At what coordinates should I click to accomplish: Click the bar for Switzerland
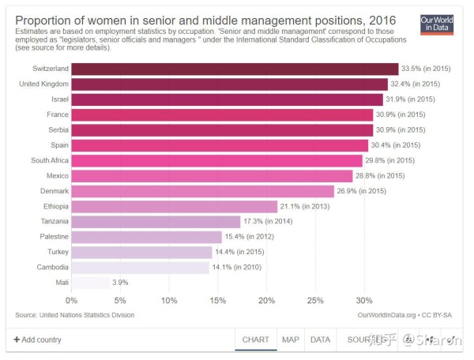click(x=235, y=69)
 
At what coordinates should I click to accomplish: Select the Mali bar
click(x=90, y=283)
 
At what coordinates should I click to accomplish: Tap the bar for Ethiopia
click(x=175, y=207)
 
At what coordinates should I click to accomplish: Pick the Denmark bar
click(x=203, y=191)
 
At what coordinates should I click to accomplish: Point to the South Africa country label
click(x=47, y=160)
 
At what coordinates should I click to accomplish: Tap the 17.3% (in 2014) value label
click(x=270, y=222)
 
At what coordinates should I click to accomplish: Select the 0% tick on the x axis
click(x=72, y=301)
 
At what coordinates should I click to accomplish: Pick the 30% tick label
click(x=364, y=301)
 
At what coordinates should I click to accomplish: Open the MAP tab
click(x=291, y=340)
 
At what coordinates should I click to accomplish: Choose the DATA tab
click(x=320, y=340)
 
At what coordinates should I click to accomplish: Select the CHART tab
click(x=256, y=340)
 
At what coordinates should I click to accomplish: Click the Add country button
click(x=38, y=340)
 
